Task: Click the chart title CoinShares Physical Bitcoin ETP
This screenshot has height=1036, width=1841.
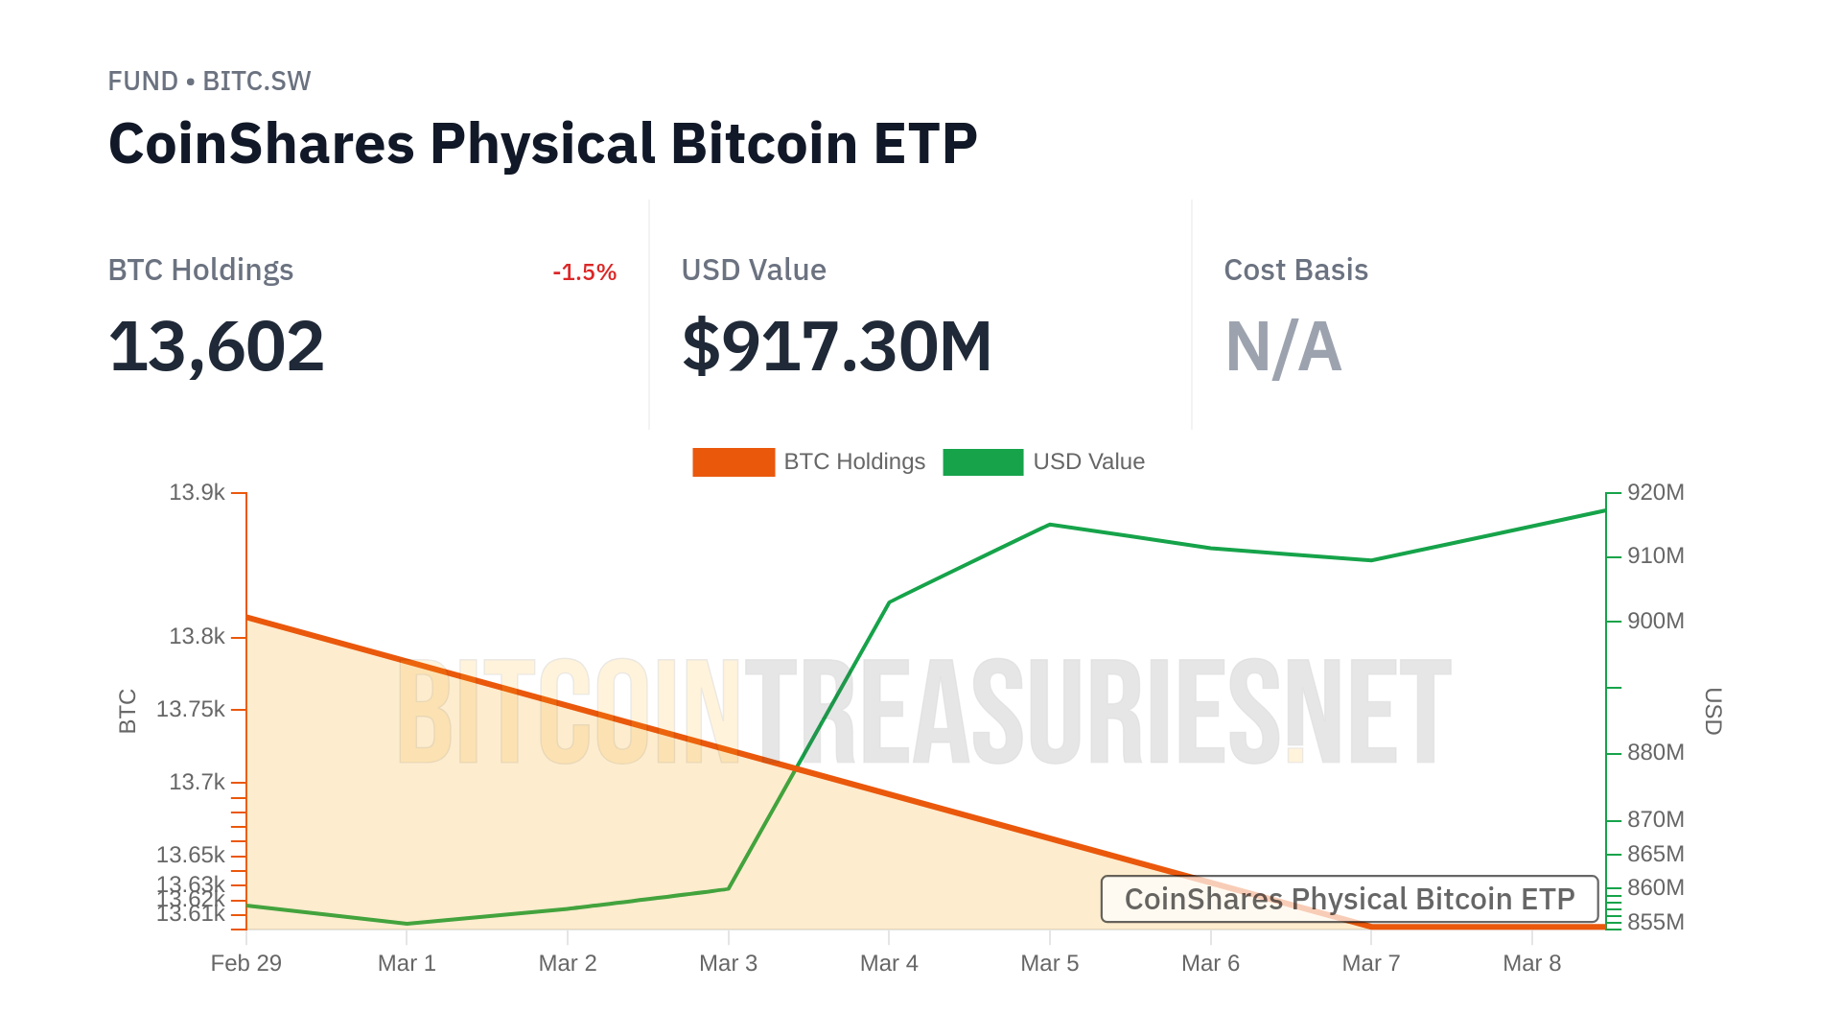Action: (x=543, y=144)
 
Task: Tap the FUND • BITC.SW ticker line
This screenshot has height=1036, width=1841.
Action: (x=209, y=82)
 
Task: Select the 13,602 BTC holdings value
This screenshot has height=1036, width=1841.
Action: (x=217, y=346)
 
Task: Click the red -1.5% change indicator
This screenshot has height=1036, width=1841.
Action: (x=584, y=272)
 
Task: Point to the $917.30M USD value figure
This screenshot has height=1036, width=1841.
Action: (x=836, y=346)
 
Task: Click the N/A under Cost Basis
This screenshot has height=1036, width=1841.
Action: (x=1283, y=346)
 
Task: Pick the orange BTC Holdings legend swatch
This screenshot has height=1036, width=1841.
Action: (x=734, y=462)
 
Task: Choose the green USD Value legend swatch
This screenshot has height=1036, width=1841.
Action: (x=983, y=462)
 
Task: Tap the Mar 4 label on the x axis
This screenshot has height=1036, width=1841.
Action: (x=889, y=963)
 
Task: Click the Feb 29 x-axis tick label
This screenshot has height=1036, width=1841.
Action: (x=246, y=963)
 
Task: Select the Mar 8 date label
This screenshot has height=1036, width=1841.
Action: (x=1531, y=963)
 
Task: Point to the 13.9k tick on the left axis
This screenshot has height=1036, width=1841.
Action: (x=197, y=493)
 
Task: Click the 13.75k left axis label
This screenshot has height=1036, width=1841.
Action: (x=191, y=710)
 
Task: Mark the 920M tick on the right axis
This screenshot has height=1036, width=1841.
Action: (x=1655, y=493)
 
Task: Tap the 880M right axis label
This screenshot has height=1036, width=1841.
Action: (x=1655, y=753)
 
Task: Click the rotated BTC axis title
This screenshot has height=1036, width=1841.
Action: (x=128, y=711)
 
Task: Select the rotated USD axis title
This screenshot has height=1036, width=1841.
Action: (x=1713, y=711)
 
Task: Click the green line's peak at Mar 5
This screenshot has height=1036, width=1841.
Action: (x=1050, y=525)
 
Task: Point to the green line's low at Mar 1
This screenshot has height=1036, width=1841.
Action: (x=408, y=924)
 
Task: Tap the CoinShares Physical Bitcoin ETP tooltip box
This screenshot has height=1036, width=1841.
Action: (x=1349, y=899)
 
